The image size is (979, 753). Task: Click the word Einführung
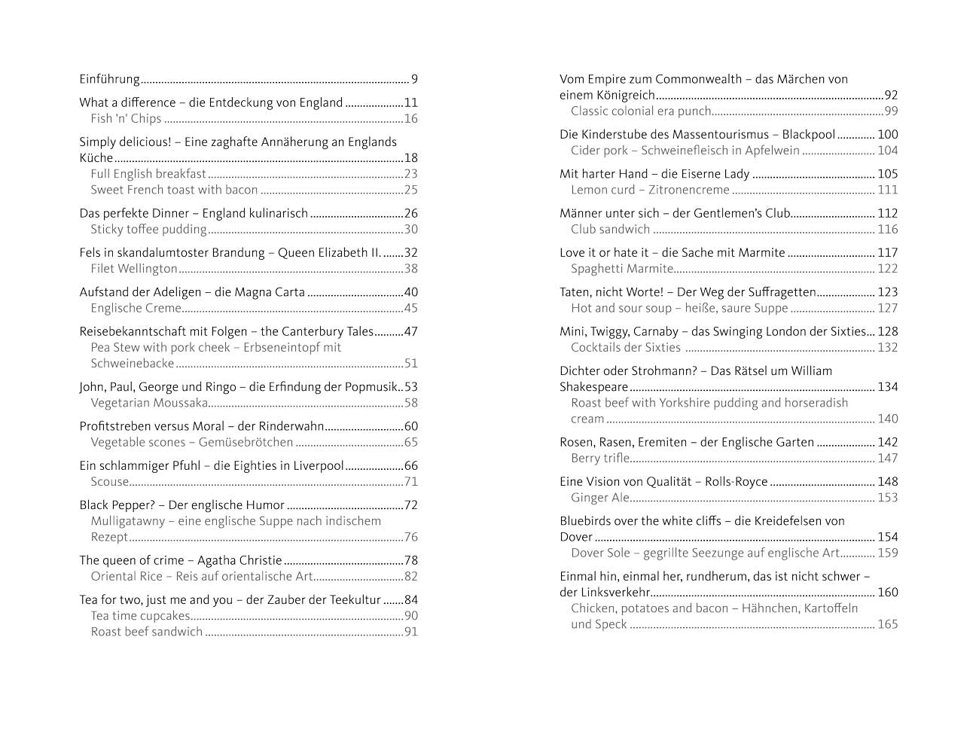click(109, 79)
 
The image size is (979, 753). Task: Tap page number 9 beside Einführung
click(414, 79)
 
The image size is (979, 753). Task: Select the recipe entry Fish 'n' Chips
click(126, 119)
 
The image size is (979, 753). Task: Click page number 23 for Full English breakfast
click(410, 174)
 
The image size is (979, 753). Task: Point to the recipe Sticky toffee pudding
click(148, 230)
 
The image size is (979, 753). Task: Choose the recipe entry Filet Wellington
click(134, 269)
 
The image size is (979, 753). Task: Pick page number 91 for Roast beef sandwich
click(410, 632)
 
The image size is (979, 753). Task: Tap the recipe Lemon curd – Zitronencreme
click(650, 190)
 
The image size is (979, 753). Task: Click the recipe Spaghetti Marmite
click(622, 269)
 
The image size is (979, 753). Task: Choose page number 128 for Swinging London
click(888, 331)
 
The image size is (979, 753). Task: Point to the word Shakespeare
click(593, 387)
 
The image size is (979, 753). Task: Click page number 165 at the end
click(888, 624)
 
